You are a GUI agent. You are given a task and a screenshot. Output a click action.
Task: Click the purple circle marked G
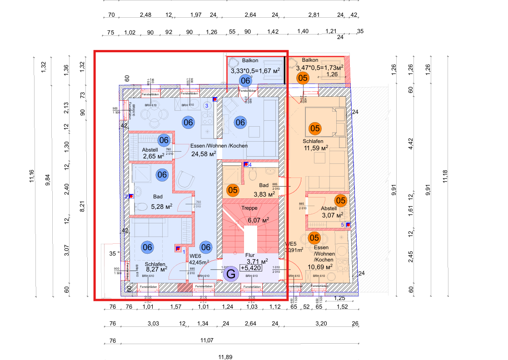(x=231, y=274)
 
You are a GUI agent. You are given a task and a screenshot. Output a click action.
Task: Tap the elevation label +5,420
(x=251, y=268)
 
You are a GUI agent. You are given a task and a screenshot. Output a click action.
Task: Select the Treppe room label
(x=249, y=208)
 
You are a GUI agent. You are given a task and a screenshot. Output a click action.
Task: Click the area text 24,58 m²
(x=204, y=153)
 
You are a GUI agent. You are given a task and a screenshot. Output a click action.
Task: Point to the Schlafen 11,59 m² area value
(x=316, y=148)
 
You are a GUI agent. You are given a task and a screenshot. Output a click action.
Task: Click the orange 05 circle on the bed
(x=314, y=128)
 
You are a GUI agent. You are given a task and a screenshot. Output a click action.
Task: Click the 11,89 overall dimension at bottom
(x=225, y=357)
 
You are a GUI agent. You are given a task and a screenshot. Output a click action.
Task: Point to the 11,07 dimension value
(x=207, y=340)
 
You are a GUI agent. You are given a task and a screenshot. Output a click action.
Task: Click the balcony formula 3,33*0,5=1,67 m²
(x=255, y=71)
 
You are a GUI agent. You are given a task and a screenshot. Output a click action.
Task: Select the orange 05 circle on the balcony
(x=304, y=79)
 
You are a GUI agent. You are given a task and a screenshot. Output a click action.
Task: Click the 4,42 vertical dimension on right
(x=410, y=147)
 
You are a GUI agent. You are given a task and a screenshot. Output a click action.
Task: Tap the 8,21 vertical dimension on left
(x=82, y=207)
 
